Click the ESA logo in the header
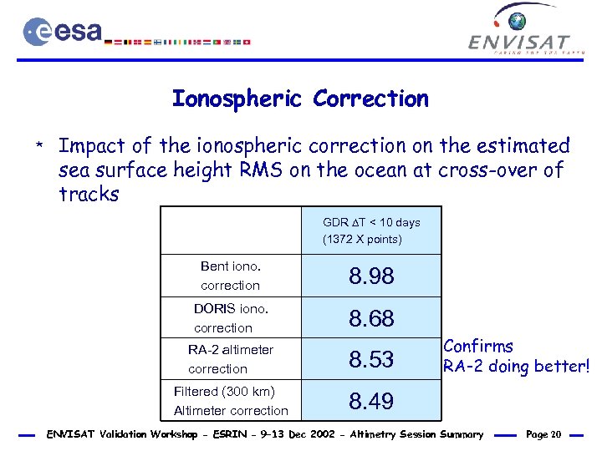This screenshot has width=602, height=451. point(63,32)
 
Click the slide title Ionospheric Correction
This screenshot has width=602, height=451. point(300,99)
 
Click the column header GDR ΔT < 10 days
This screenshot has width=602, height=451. point(371,222)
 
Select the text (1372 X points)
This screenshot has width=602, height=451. point(362,240)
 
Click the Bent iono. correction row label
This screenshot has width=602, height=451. point(231,276)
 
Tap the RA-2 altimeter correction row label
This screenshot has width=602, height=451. point(230,359)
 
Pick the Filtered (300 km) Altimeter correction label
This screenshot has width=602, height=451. point(230,401)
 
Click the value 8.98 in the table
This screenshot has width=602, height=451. point(371,276)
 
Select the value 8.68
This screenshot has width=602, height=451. point(371,318)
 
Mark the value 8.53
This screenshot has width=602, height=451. point(371,360)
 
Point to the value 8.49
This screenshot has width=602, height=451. point(371,402)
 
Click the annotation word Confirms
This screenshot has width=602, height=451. point(478,346)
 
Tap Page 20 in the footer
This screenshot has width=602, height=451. point(544,434)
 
